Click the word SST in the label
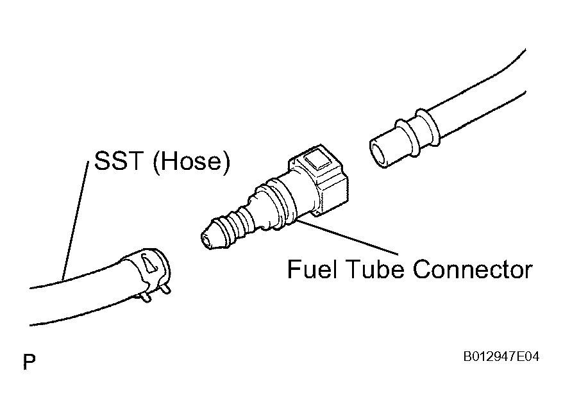(119, 161)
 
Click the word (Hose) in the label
(191, 162)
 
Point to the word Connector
(473, 269)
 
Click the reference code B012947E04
(501, 356)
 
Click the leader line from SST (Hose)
(76, 221)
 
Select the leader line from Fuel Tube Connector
(346, 237)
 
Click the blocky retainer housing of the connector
(319, 180)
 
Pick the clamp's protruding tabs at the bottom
(155, 293)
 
